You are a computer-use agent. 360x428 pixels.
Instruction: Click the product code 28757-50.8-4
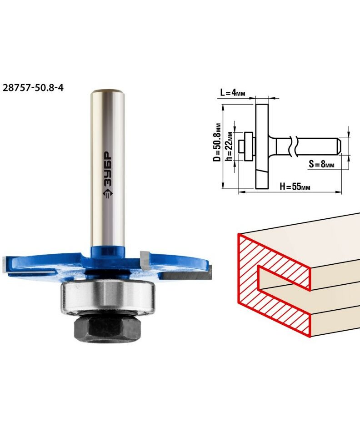(x=33, y=88)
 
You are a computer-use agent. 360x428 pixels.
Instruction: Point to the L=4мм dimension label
(x=233, y=93)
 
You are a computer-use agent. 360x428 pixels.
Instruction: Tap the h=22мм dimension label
(x=229, y=146)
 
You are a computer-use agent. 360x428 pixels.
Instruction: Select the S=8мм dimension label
(x=321, y=164)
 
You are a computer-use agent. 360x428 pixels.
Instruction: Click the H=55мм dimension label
(x=295, y=186)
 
